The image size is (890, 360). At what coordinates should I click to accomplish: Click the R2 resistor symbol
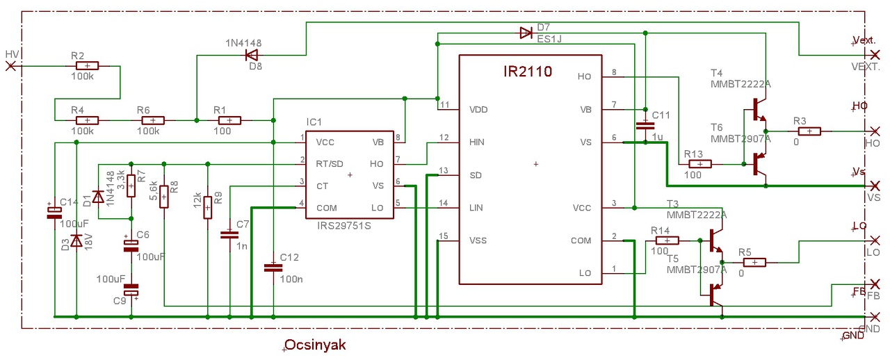[x=87, y=66]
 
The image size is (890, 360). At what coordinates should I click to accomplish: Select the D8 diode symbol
[x=252, y=54]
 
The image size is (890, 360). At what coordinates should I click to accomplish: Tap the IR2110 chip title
[x=528, y=71]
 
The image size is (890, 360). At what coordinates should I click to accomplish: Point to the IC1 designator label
[x=314, y=122]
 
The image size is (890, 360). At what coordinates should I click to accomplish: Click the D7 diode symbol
[x=526, y=32]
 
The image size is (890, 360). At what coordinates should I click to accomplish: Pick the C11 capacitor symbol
[x=646, y=125]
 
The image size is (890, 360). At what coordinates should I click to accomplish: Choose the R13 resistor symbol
[x=699, y=164]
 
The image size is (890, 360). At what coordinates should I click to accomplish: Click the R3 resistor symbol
[x=809, y=131]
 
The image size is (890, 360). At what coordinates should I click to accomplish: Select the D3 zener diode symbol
[x=76, y=240]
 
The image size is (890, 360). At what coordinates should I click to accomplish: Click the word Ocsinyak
[x=315, y=345]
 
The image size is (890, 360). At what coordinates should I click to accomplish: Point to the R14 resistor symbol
[x=667, y=240]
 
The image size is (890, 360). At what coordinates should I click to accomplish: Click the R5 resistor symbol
[x=754, y=262]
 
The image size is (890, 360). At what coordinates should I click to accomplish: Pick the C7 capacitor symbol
[x=229, y=234]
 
